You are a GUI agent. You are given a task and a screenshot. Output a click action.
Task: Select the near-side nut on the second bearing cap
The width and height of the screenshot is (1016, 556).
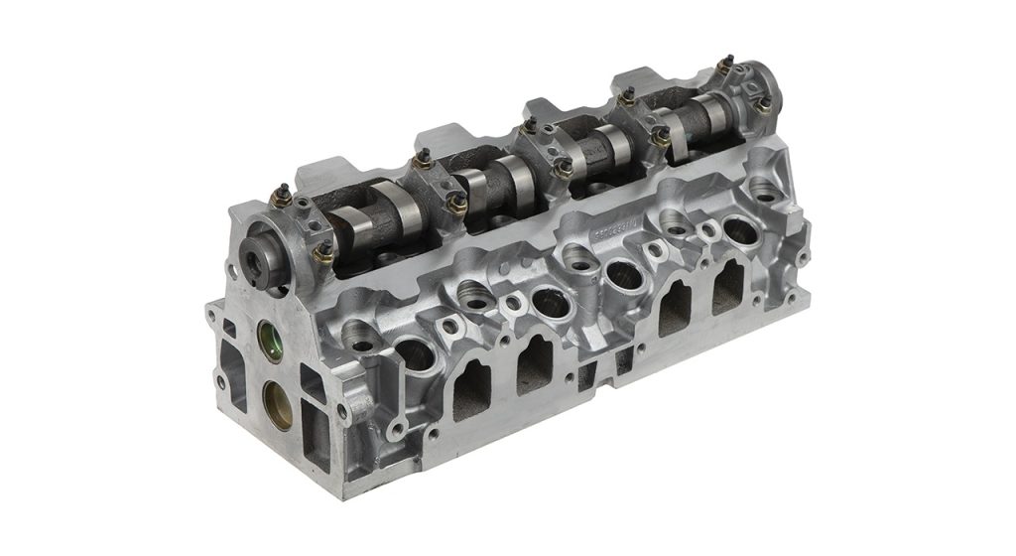pyautogui.click(x=457, y=204)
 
